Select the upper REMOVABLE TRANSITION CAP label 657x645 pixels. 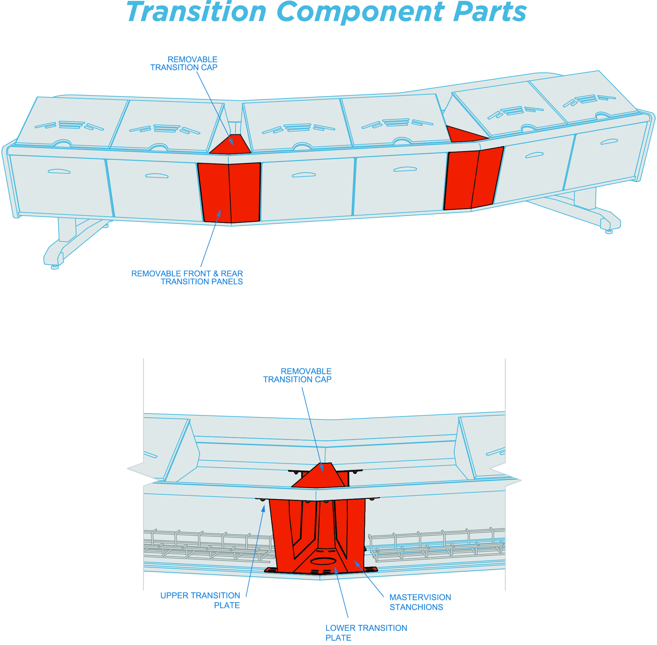tap(184, 63)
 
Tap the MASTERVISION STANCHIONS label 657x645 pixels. tap(420, 602)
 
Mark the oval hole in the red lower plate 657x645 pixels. tap(323, 561)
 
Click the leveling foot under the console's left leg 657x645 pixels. tap(55, 267)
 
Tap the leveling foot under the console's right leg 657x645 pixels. tap(609, 232)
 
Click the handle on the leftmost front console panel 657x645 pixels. tap(59, 172)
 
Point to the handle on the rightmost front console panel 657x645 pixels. tap(609, 142)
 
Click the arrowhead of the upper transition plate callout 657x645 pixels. tap(264, 508)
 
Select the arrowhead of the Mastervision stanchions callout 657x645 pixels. tap(356, 563)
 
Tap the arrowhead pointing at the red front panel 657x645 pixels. tap(219, 213)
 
